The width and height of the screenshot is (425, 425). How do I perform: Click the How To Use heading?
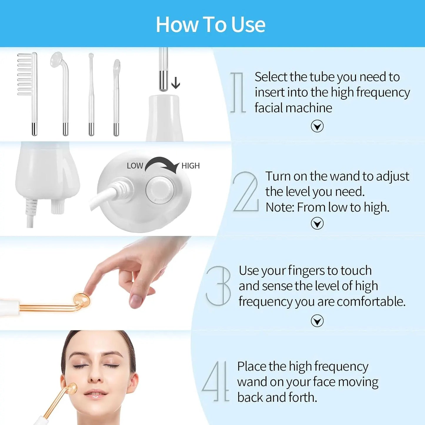pos(210,24)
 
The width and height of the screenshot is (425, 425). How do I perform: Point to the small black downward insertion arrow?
pos(176,83)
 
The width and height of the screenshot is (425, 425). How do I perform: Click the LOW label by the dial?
pos(135,166)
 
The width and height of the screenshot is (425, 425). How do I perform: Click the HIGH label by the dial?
pos(191,166)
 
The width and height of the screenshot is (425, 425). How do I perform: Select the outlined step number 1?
pos(238,93)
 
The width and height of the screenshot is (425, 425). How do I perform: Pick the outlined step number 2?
pos(246,192)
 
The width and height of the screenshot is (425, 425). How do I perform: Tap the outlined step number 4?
pos(216,381)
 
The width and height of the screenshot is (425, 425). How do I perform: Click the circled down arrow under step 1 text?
pos(317,126)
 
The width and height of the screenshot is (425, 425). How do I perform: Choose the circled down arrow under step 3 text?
pos(317,321)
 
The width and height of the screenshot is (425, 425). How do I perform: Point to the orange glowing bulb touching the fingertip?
pos(81,299)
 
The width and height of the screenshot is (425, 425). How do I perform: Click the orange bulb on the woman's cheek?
pos(71,389)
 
